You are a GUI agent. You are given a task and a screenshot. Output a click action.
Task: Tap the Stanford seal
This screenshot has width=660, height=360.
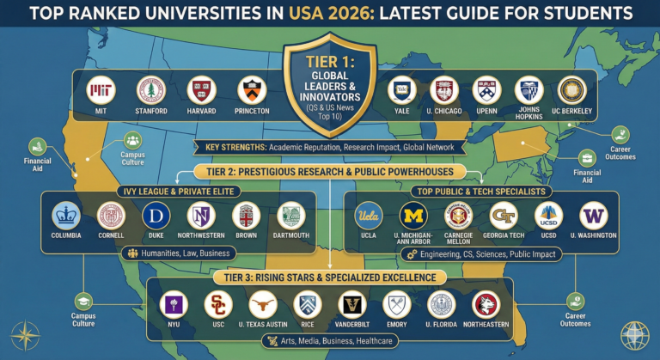(x=151, y=91)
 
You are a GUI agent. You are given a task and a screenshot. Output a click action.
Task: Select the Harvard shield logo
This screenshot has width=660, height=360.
(x=199, y=91)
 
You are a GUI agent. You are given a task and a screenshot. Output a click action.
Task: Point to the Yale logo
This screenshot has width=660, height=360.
(x=402, y=91)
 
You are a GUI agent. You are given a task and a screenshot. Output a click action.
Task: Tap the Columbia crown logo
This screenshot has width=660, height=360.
(x=66, y=216)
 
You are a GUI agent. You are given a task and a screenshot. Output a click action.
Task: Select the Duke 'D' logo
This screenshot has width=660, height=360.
(x=156, y=216)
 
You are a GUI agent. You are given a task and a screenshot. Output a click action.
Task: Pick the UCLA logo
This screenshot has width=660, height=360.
(x=367, y=216)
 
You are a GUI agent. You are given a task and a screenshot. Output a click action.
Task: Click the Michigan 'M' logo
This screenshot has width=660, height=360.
(x=413, y=216)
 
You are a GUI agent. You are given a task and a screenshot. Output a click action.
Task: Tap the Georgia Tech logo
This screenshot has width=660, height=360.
(x=504, y=216)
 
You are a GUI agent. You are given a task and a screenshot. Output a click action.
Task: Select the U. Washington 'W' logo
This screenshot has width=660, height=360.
(x=594, y=216)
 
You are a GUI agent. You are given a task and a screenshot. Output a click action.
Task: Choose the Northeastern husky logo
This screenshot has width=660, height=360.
(x=486, y=305)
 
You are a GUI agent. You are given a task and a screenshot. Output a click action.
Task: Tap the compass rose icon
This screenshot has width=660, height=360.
(x=25, y=335)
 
